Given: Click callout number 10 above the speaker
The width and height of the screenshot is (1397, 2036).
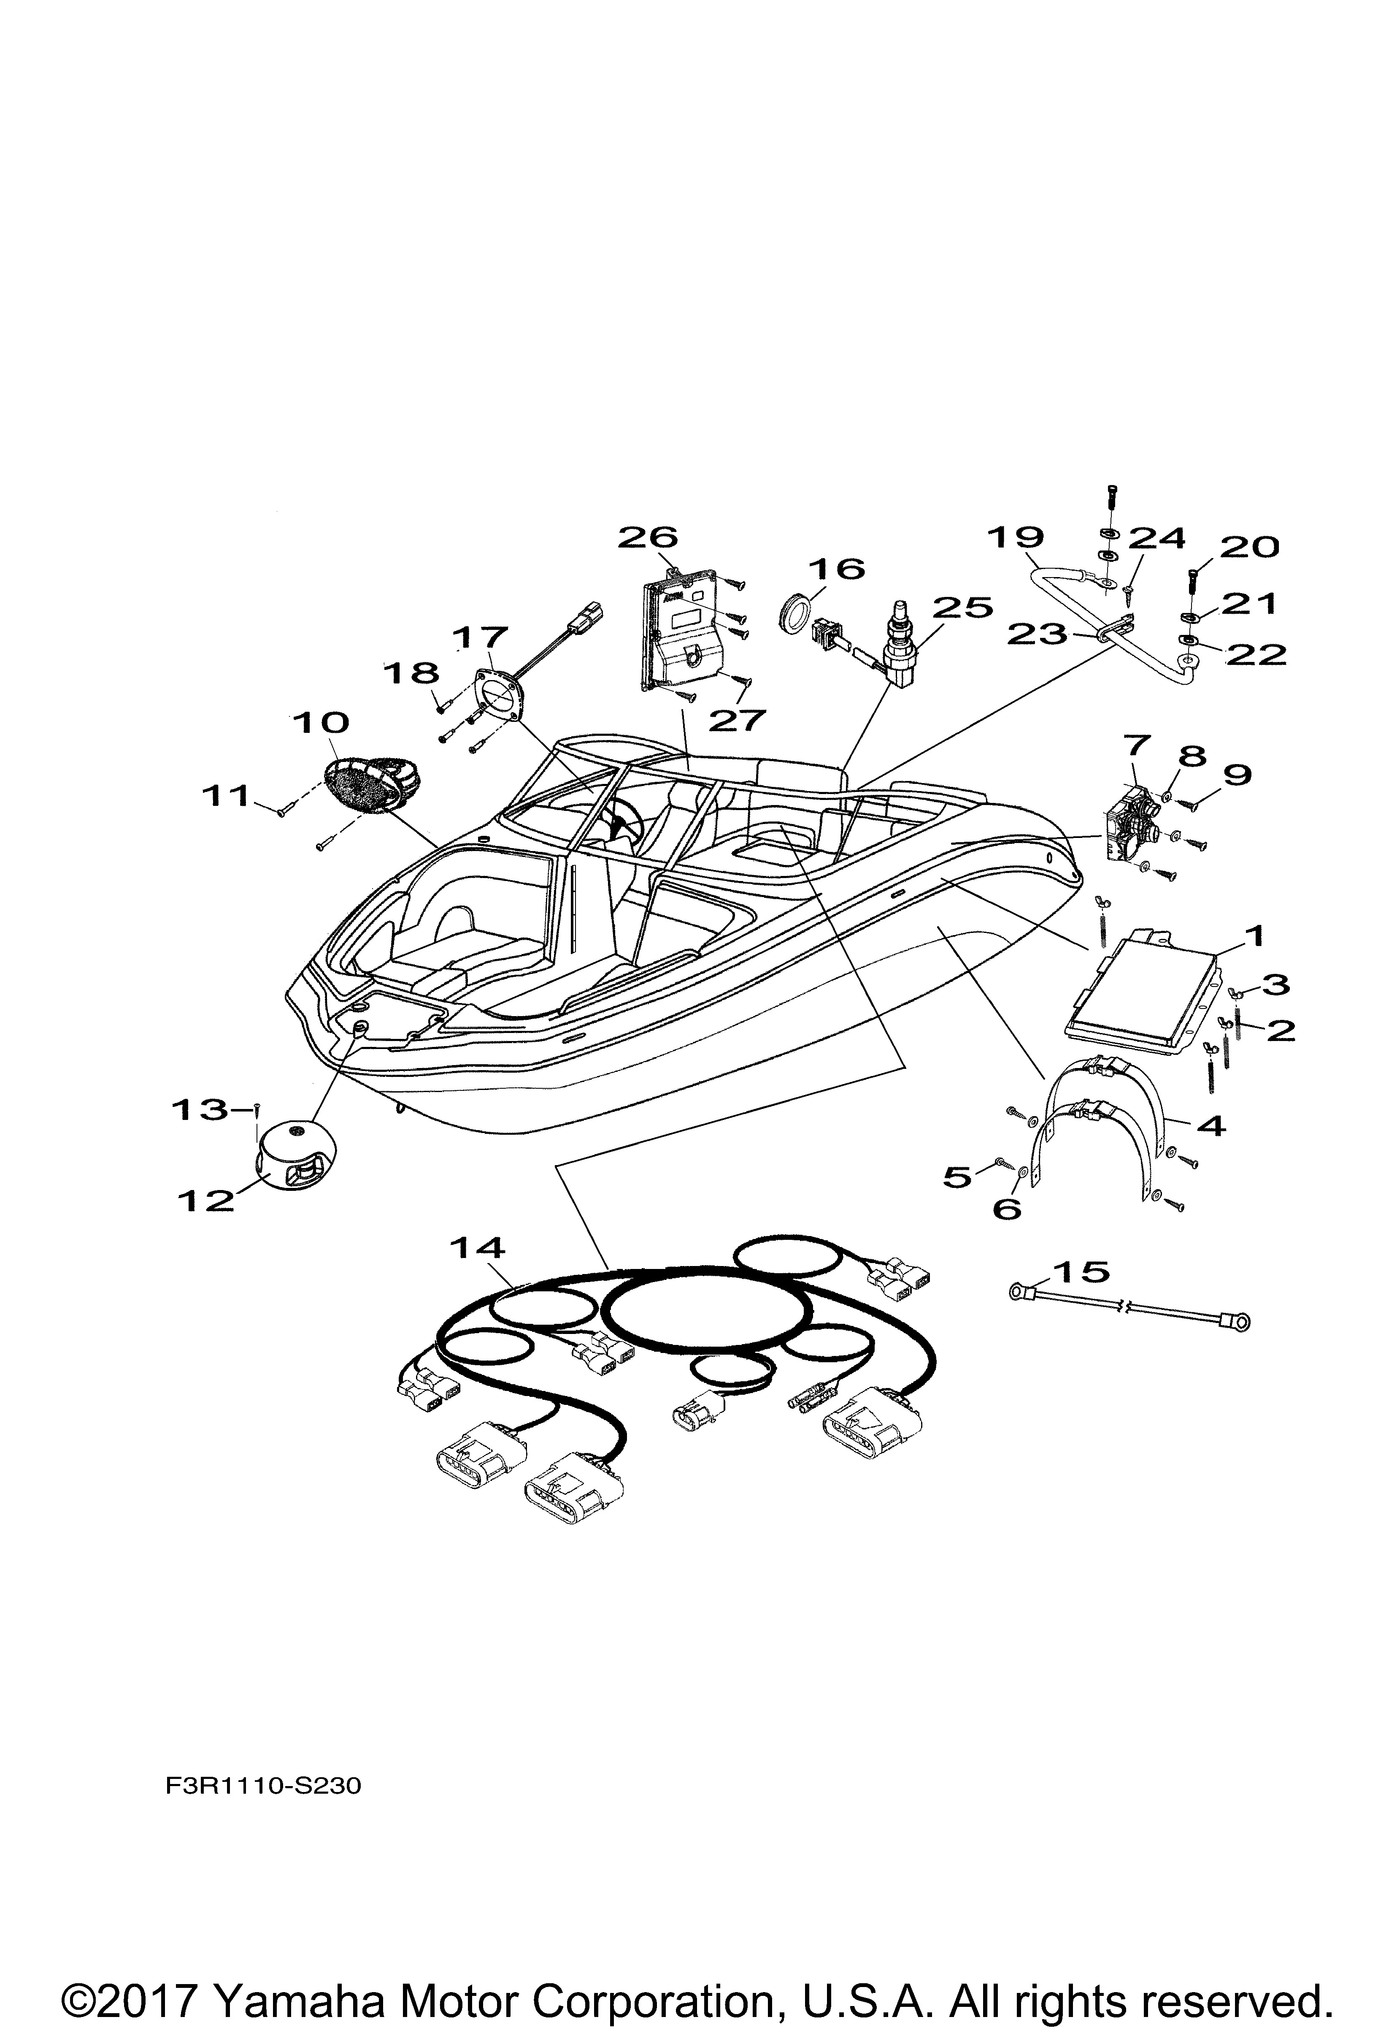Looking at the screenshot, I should (321, 723).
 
